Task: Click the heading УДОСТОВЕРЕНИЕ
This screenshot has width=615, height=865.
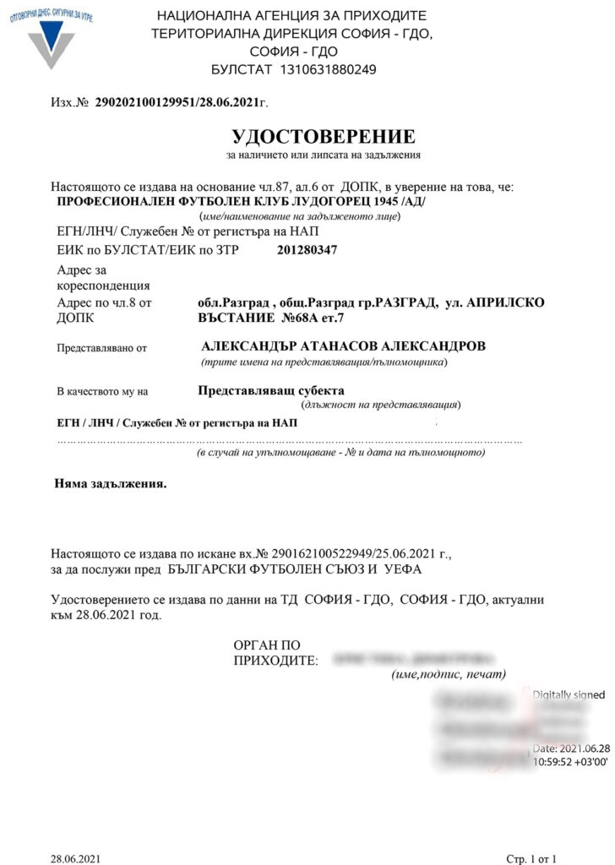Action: [x=324, y=136]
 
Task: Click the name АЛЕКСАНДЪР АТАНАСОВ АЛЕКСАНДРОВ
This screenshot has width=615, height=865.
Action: [x=344, y=346]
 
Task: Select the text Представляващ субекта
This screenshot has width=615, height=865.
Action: [x=271, y=390]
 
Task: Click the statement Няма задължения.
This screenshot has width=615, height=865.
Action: [x=111, y=485]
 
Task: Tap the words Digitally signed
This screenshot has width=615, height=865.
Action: [x=569, y=694]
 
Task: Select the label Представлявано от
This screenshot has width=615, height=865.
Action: [x=101, y=347]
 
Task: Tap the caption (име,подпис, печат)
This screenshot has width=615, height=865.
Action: [x=449, y=674]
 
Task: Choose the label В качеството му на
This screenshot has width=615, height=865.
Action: [x=102, y=391]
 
